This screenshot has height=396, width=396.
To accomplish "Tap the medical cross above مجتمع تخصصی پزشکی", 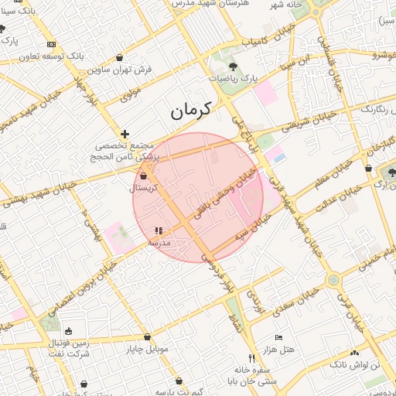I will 124,134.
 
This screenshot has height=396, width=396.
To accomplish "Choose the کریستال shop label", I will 146,188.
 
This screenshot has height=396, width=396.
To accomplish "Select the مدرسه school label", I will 159,242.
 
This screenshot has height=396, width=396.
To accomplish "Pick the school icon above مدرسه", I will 159,230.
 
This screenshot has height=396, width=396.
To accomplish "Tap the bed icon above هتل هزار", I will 279,338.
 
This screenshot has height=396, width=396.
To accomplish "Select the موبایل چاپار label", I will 147,349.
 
